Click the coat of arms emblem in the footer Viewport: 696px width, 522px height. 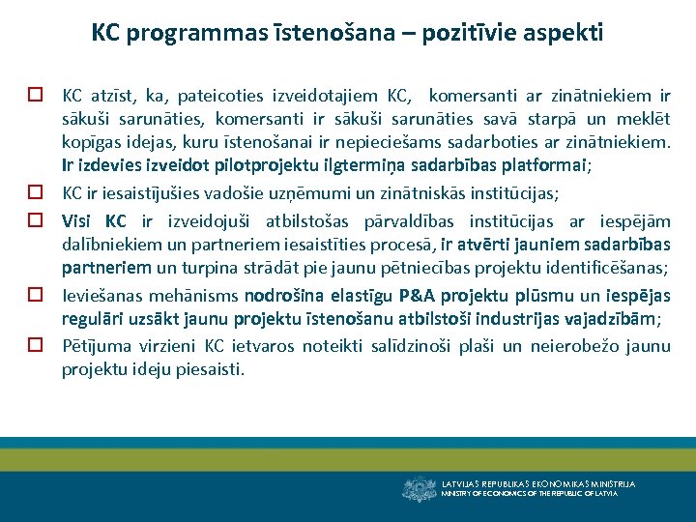[419, 489]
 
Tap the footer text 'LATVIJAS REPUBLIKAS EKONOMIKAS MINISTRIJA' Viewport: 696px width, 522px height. [538, 483]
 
